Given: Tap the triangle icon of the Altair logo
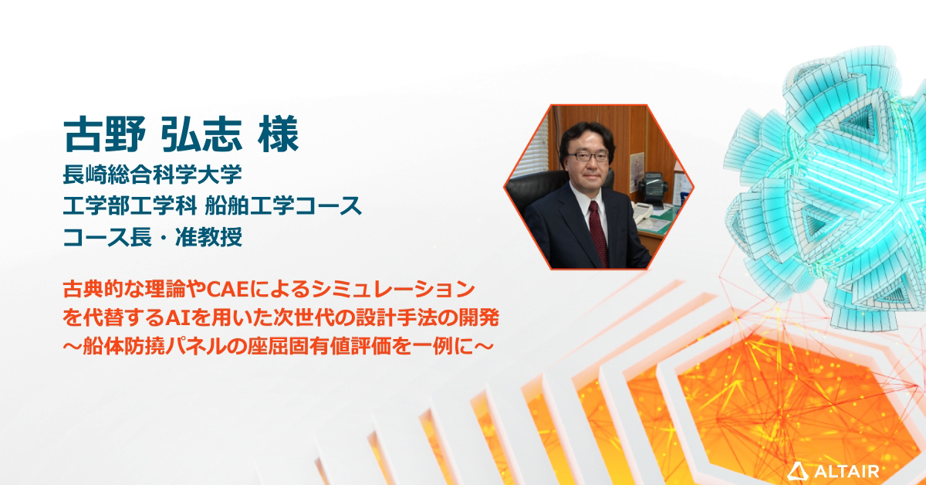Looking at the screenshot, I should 796,469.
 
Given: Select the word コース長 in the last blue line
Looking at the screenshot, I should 107,236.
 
